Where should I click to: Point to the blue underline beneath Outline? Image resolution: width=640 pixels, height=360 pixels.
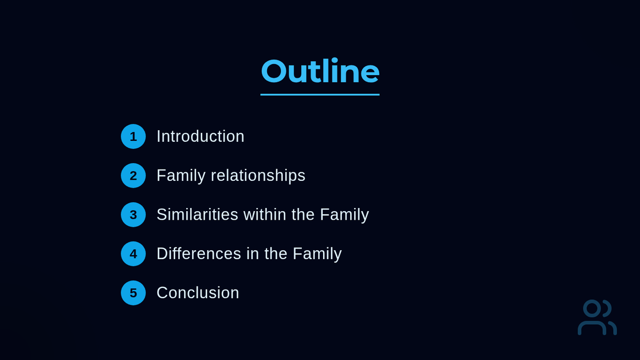tap(320, 94)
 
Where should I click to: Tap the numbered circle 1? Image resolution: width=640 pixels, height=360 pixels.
tap(133, 137)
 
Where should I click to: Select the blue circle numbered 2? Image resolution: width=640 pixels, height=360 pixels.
tap(133, 175)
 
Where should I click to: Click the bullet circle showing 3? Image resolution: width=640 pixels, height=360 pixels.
tap(133, 214)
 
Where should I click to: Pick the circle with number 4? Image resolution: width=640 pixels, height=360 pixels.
tap(133, 254)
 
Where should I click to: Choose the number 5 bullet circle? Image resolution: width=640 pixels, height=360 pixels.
tap(133, 293)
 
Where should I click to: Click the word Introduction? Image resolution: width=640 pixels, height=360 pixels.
tap(201, 137)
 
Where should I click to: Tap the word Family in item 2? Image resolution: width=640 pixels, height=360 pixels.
tap(181, 176)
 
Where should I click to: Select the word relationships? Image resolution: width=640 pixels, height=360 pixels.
tap(258, 176)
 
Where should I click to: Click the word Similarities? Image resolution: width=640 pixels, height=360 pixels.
tap(197, 214)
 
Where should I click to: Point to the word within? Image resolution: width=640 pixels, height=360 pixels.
tap(265, 214)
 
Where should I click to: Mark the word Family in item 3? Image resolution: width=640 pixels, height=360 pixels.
tap(345, 215)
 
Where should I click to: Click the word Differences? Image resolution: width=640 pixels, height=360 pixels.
tap(198, 254)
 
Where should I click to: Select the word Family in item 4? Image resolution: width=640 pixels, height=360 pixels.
tap(317, 254)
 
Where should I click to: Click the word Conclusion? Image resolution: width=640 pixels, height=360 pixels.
tap(198, 293)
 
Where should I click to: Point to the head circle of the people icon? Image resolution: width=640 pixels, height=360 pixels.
tap(592, 309)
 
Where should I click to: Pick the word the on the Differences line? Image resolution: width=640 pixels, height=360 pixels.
tap(276, 254)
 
